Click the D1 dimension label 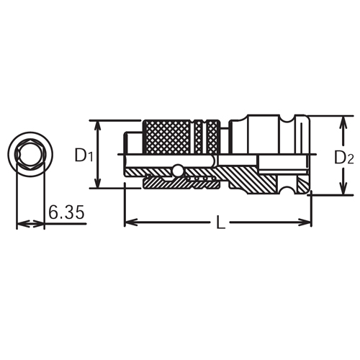(x=84, y=155)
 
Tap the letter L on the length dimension (x=220, y=224)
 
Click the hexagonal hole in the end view (x=29, y=154)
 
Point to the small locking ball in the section (x=176, y=171)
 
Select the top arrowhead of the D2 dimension (x=338, y=118)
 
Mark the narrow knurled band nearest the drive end (x=213, y=135)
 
